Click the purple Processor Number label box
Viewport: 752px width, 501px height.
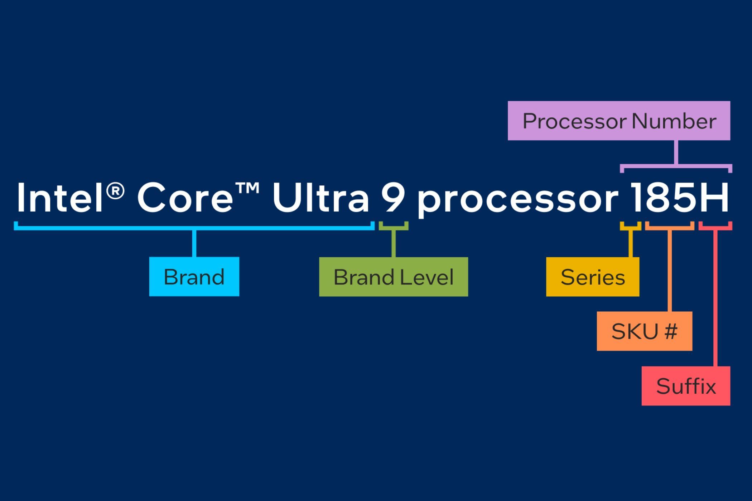[x=619, y=121]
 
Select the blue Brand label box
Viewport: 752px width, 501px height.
[x=194, y=276]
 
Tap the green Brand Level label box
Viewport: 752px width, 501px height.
[x=393, y=277]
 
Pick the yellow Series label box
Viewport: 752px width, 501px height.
[x=592, y=277]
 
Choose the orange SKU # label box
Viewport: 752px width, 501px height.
[x=644, y=331]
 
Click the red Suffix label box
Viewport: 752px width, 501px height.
[x=686, y=386]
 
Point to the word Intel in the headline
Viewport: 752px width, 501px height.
[x=59, y=198]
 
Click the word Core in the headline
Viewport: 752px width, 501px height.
[x=185, y=198]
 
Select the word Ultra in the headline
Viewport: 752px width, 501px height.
[x=320, y=198]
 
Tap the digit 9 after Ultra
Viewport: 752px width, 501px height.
[x=393, y=198]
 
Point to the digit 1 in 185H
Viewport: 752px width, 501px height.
[x=636, y=198]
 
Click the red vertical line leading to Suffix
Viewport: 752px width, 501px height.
[x=715, y=297]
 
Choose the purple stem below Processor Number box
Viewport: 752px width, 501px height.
[x=676, y=152]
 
